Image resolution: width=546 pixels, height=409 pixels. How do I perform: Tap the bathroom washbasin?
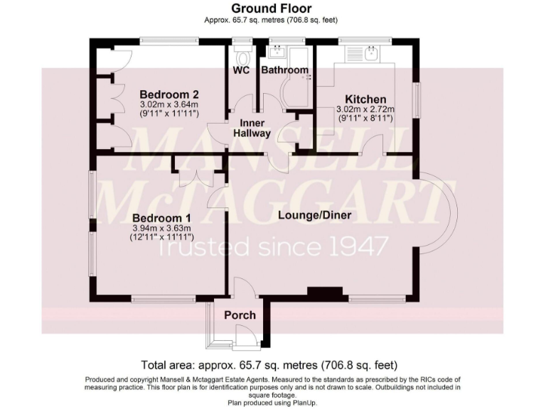[x=276, y=52]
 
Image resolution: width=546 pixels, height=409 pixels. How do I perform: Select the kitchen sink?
[x=370, y=53]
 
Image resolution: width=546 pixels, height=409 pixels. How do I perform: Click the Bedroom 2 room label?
[x=168, y=94]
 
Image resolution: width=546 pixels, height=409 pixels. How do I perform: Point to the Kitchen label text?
[x=365, y=99]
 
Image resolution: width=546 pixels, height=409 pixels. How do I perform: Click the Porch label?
[x=240, y=315]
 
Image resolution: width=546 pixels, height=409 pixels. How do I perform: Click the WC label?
[x=240, y=70]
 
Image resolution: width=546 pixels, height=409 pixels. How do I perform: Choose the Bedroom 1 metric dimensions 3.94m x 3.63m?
[x=162, y=228]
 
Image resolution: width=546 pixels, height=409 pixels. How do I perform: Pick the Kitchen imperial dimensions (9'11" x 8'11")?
[x=365, y=119]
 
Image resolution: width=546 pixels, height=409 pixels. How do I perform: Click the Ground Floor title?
[x=272, y=9]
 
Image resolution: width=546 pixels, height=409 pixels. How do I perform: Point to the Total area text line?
[x=269, y=366]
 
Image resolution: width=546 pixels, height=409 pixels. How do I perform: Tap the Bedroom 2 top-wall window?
[x=168, y=40]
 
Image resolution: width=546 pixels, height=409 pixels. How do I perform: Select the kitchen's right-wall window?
[x=417, y=97]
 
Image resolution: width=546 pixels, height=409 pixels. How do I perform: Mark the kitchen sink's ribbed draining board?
[x=353, y=53]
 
